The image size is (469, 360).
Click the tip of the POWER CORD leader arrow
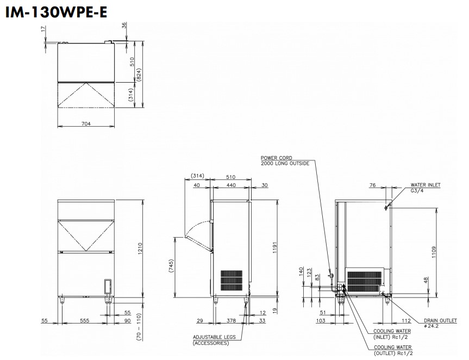click(x=331, y=273)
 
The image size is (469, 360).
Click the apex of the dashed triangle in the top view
click(x=86, y=82)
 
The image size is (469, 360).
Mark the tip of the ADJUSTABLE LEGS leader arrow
click(x=247, y=303)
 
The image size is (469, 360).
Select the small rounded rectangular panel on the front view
click(x=108, y=287)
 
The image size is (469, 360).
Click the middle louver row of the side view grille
click(x=232, y=281)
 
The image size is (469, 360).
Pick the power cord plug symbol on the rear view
click(x=332, y=276)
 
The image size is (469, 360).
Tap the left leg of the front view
click(x=62, y=300)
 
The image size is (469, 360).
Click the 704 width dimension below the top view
click(x=86, y=123)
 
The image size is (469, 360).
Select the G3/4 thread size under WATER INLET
click(x=417, y=191)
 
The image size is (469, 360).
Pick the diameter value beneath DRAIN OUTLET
click(x=432, y=326)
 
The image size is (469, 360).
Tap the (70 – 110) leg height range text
click(x=139, y=327)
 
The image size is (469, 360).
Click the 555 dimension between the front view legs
click(x=85, y=321)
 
